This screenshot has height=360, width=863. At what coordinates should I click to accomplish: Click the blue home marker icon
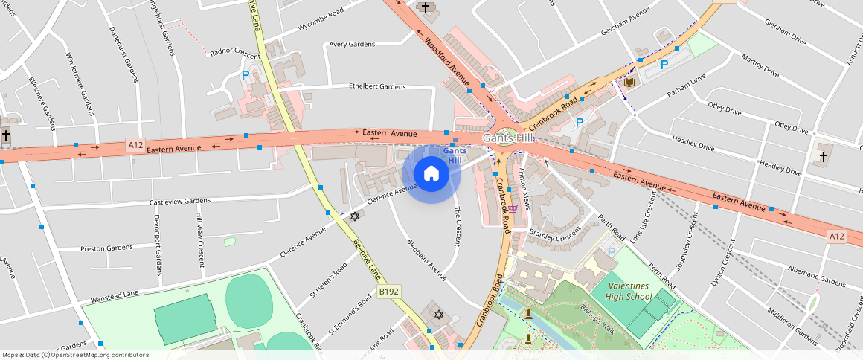pos(431,174)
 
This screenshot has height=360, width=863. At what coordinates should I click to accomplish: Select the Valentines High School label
pos(629,292)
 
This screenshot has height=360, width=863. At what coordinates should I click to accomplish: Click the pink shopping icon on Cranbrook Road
pos(513,210)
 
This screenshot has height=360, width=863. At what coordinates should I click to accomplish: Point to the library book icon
pos(629,81)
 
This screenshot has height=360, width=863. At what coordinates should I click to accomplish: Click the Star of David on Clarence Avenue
pos(355,216)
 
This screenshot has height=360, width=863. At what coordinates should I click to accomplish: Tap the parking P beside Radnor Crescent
pos(246,74)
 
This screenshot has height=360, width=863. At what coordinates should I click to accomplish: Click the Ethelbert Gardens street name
pos(377,86)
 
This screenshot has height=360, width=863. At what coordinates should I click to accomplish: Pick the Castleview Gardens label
pos(180,202)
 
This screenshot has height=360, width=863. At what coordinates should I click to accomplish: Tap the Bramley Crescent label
pos(554,233)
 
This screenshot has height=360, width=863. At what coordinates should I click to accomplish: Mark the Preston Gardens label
pos(106,248)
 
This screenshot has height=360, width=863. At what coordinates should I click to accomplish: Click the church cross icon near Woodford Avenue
pos(425,7)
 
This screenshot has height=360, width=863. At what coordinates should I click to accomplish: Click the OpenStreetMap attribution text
pos(74,355)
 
